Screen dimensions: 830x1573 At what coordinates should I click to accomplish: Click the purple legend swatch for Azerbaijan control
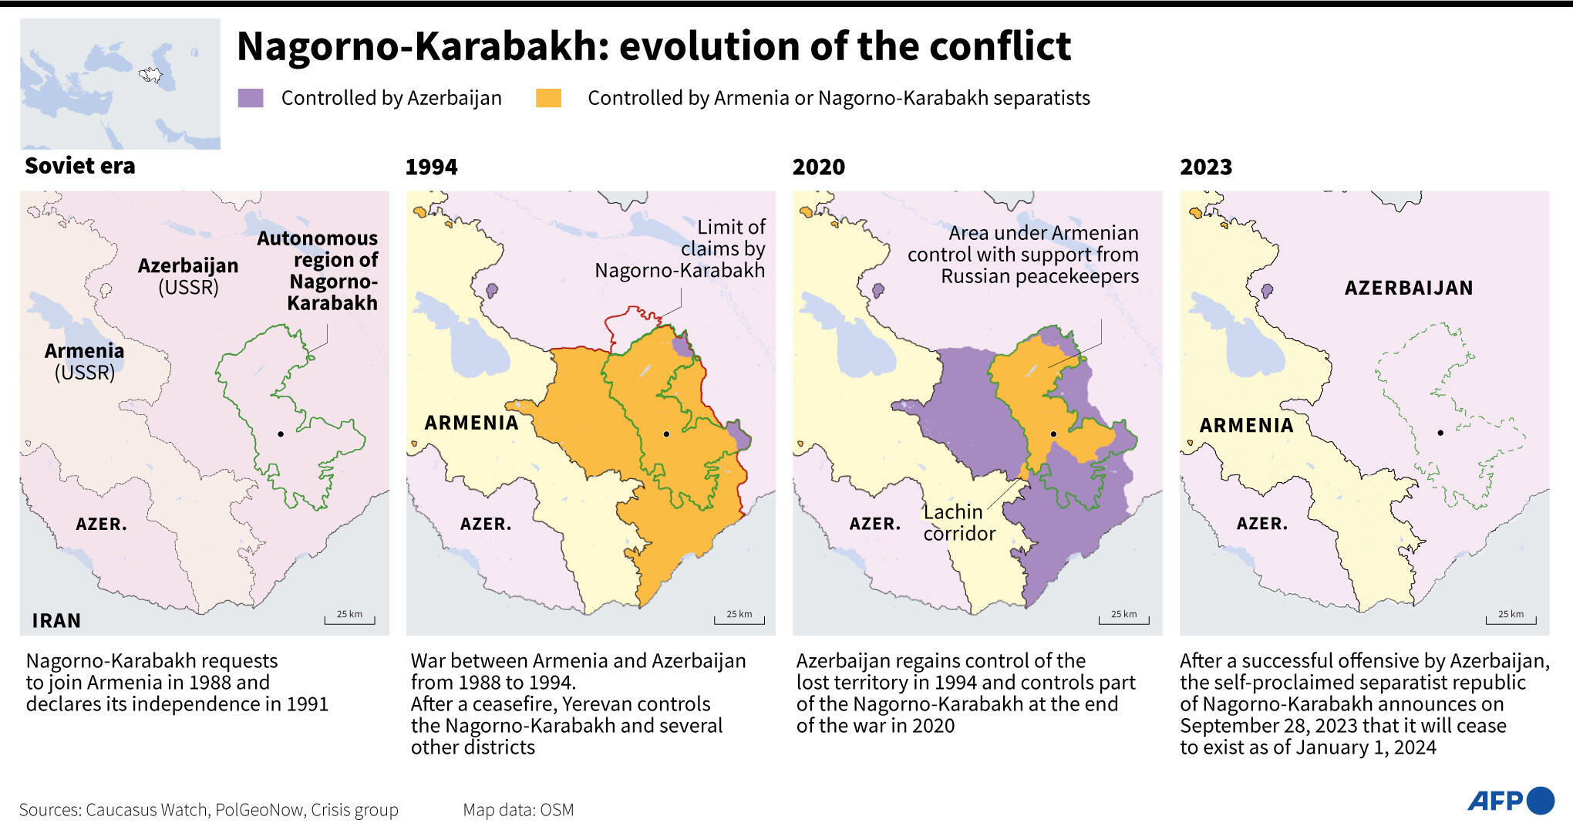[251, 98]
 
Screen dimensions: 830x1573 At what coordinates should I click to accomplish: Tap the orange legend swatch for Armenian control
[548, 98]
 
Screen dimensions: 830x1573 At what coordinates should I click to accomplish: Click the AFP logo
[1510, 801]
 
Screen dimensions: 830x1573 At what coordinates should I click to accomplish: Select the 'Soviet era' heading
[80, 166]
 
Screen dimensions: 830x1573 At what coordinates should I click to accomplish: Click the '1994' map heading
[431, 167]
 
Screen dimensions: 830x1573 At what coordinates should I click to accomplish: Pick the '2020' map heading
[818, 167]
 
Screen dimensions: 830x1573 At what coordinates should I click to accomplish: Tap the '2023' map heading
[1206, 167]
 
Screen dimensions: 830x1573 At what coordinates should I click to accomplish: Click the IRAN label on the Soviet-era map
[56, 620]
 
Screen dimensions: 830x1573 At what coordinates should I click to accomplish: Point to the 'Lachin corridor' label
[958, 522]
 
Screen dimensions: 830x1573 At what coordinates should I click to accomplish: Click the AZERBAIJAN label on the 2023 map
[1409, 288]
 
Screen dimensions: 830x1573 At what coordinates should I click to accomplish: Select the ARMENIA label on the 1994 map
[471, 423]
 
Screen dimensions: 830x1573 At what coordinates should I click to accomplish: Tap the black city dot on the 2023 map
[1440, 433]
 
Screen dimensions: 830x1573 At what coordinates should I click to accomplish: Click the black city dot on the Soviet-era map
[281, 434]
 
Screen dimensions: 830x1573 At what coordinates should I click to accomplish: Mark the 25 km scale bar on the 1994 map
[739, 619]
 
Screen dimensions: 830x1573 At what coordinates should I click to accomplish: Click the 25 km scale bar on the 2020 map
[1123, 619]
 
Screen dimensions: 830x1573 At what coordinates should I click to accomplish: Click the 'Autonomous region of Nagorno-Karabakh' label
[318, 270]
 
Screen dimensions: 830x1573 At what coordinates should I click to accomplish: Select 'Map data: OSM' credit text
[518, 810]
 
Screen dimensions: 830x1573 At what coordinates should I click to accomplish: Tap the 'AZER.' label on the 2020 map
[874, 524]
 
